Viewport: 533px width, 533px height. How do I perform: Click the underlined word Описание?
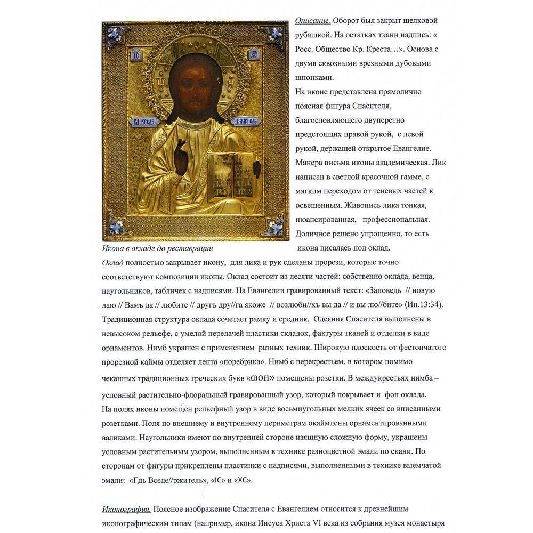point(313,21)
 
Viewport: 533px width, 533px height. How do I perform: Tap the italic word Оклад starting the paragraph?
point(112,262)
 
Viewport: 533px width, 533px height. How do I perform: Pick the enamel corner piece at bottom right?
point(275,227)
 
